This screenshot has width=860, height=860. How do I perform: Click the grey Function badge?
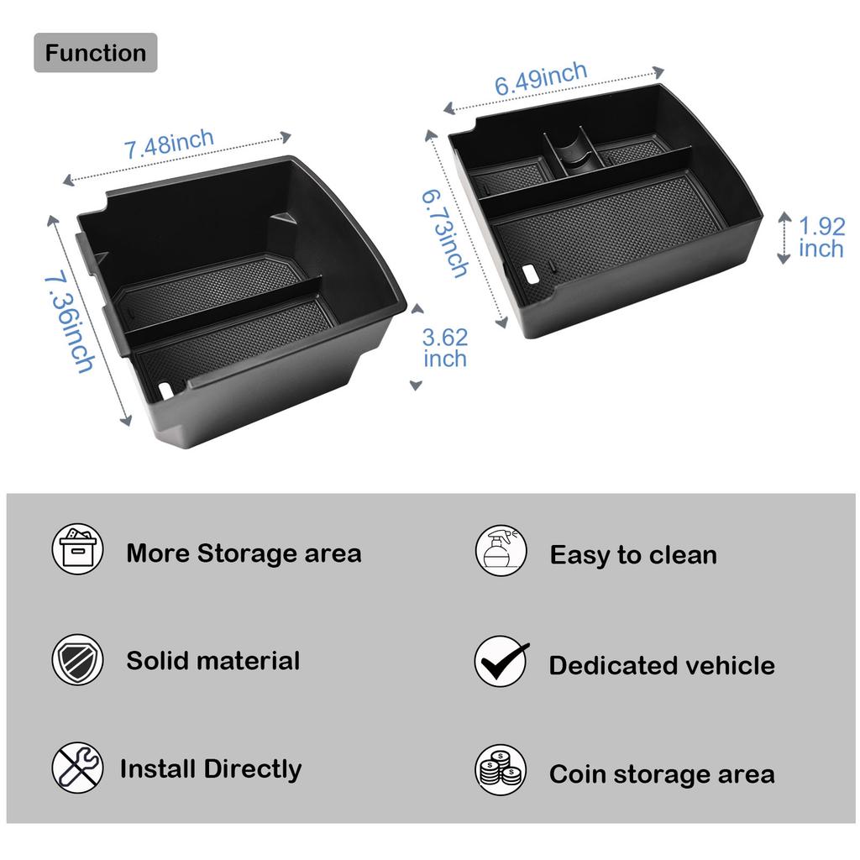point(95,53)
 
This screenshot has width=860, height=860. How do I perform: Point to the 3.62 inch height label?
point(445,348)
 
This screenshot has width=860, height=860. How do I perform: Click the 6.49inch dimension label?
point(540,80)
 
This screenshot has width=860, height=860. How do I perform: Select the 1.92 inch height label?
point(821,238)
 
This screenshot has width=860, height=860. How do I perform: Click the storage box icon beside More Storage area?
point(77,550)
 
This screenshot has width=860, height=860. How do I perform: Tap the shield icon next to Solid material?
point(77,660)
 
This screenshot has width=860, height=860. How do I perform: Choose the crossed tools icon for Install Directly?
point(77,768)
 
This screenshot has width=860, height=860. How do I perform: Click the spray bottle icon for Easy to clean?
point(501,551)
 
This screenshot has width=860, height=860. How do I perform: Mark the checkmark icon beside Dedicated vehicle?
point(501,662)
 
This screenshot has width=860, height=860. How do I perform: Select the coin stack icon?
point(501,770)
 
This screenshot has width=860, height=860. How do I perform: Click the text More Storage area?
point(244,553)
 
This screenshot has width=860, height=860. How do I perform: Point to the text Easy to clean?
point(633,555)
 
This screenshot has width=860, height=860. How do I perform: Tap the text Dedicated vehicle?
point(662,665)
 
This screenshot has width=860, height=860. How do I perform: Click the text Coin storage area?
point(662,774)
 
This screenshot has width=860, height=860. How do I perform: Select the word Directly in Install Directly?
point(253,769)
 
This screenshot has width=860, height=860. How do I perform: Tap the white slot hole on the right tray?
point(532,273)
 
